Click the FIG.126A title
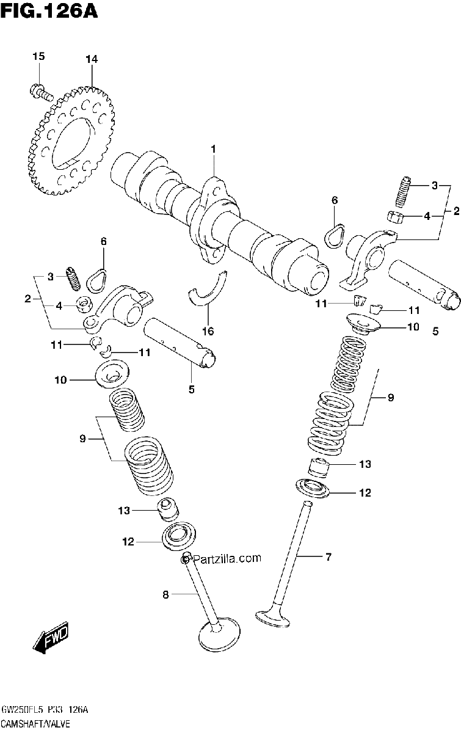point(49,11)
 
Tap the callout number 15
point(38,56)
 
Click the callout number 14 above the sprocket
point(92,59)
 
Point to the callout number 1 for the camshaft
point(213,149)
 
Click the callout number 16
point(208,331)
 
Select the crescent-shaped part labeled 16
point(208,288)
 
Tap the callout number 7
point(329,556)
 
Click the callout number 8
point(165,594)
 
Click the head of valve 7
point(273,619)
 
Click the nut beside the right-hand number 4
point(395,217)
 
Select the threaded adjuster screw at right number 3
point(403,192)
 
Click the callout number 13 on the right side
point(365,464)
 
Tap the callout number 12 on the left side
point(128,542)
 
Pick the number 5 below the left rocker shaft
point(192,390)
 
